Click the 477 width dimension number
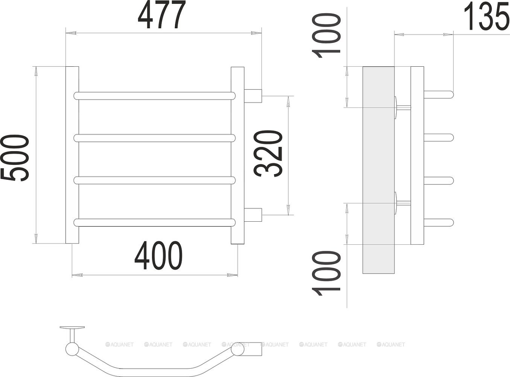[x=162, y=16]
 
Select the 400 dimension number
[x=158, y=256]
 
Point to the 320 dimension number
[x=268, y=153]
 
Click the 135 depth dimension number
[x=486, y=17]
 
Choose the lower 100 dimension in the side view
[x=327, y=273]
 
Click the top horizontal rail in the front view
[x=154, y=96]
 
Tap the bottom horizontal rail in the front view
[x=154, y=222]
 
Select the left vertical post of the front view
[x=72, y=155]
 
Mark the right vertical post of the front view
[x=237, y=155]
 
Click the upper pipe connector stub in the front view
[x=253, y=96]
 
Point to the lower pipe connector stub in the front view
[x=253, y=215]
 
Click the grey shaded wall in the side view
[x=378, y=170]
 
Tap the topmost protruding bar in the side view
[x=439, y=95]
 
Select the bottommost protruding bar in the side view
[x=439, y=223]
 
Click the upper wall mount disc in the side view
[x=396, y=107]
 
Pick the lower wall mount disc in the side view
[x=396, y=203]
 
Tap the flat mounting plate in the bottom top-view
[x=72, y=328]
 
